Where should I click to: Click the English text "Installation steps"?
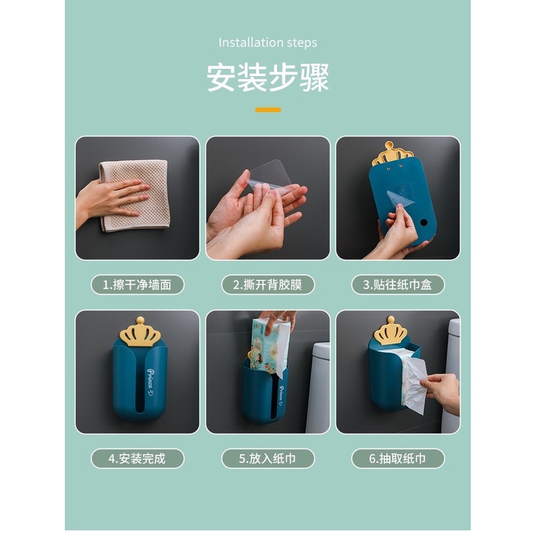(x=267, y=43)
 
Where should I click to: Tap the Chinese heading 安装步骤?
(x=267, y=78)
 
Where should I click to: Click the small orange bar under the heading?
(x=267, y=110)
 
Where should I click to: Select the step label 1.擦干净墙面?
(x=137, y=284)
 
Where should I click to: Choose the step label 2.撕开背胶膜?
(x=267, y=284)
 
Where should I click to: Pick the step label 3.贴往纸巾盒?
(x=398, y=284)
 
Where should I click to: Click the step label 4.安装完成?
(x=137, y=458)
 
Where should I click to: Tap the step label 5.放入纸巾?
(x=267, y=458)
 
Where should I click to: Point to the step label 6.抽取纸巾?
(x=398, y=458)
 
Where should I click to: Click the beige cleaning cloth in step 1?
(x=137, y=194)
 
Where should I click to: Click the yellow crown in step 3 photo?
(x=392, y=153)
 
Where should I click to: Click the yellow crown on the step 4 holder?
(x=139, y=332)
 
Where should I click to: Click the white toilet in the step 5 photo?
(x=318, y=388)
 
